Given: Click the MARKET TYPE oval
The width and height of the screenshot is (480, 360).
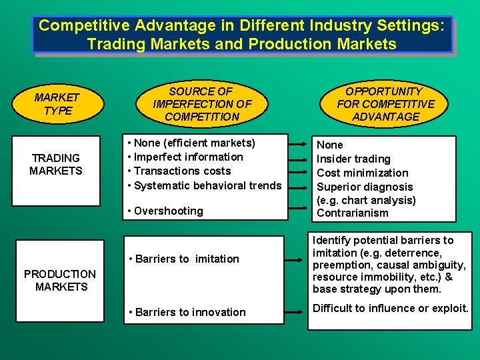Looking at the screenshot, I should [x=57, y=104].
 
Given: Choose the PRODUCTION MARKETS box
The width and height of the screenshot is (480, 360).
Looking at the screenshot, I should [x=61, y=281].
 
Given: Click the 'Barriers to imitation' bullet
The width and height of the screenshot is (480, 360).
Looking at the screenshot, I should [x=184, y=259].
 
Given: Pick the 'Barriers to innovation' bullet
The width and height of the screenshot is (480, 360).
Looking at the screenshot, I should [x=187, y=312].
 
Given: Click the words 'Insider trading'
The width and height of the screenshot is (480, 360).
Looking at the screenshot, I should [x=353, y=159].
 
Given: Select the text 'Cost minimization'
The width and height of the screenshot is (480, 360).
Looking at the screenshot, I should [x=362, y=173].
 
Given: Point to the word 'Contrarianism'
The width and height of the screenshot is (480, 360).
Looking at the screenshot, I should [x=352, y=213].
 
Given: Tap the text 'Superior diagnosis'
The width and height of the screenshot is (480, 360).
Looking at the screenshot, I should [x=365, y=187].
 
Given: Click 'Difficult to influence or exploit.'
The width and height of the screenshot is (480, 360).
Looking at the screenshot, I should [x=391, y=308].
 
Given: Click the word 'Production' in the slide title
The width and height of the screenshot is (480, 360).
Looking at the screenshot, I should [x=290, y=45].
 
